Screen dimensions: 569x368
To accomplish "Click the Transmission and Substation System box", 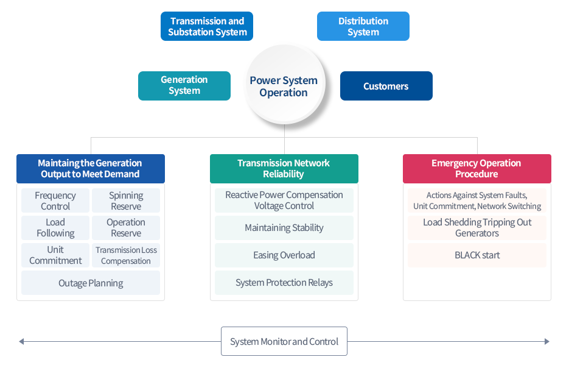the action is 207,26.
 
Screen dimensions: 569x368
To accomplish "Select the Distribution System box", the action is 363,26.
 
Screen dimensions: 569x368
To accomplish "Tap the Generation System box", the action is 184,86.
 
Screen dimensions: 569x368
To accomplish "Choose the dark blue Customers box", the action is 386,86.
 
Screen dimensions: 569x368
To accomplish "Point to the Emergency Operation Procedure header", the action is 477,169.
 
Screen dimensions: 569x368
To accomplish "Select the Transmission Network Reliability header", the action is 284,169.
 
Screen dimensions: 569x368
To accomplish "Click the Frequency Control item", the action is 55,200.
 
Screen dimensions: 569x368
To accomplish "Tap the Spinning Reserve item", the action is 126,200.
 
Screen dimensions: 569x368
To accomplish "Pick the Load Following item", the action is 55,228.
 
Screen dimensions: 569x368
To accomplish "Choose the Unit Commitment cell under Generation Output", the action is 55,255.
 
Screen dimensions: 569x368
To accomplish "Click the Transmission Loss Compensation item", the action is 126,255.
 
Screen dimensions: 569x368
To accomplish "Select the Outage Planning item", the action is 91,283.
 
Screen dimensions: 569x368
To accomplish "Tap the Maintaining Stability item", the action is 284,228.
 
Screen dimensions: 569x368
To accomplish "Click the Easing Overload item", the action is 284,255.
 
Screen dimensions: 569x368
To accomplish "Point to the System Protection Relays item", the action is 284,283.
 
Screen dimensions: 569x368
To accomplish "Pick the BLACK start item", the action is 477,255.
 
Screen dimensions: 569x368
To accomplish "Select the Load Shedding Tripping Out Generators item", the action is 477,228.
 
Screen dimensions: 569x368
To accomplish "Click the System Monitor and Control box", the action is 284,341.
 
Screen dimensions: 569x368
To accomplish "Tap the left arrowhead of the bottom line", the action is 21,341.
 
